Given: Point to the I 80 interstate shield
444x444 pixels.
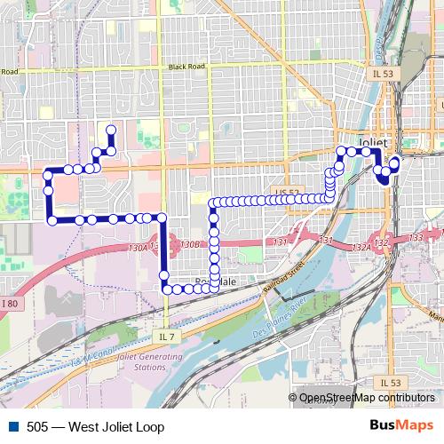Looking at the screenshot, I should tap(10, 305).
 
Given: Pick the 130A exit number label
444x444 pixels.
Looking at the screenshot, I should tap(138, 248).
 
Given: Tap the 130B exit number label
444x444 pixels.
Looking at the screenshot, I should tap(188, 243).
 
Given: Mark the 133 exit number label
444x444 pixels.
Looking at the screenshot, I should tap(416, 238).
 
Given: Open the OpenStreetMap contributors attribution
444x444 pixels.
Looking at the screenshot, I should tap(366, 398).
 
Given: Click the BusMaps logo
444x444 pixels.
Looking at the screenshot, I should tap(400, 426).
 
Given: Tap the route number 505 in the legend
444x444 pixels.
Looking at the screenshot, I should tap(37, 427).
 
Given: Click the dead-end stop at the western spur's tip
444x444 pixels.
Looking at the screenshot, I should tap(111, 131).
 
